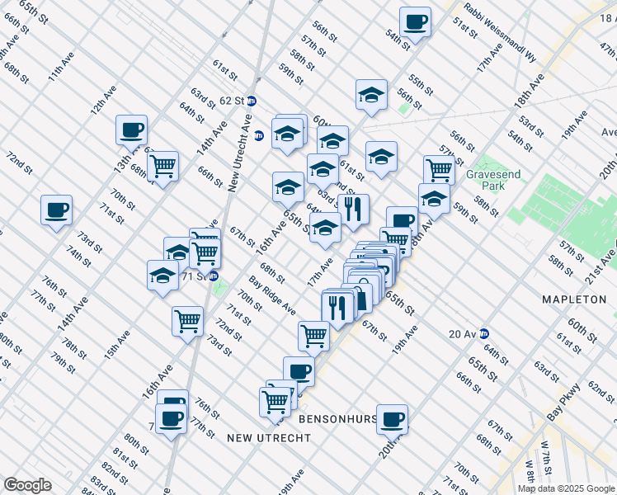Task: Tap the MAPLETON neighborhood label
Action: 574,299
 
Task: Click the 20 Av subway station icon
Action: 484,333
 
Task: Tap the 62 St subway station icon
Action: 252,101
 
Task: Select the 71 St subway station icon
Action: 213,276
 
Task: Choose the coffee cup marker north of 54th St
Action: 415,21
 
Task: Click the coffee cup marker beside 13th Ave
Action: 131,130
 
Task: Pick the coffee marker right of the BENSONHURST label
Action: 392,418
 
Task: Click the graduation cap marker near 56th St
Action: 372,95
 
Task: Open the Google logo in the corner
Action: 27,485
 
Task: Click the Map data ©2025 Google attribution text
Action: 564,488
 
